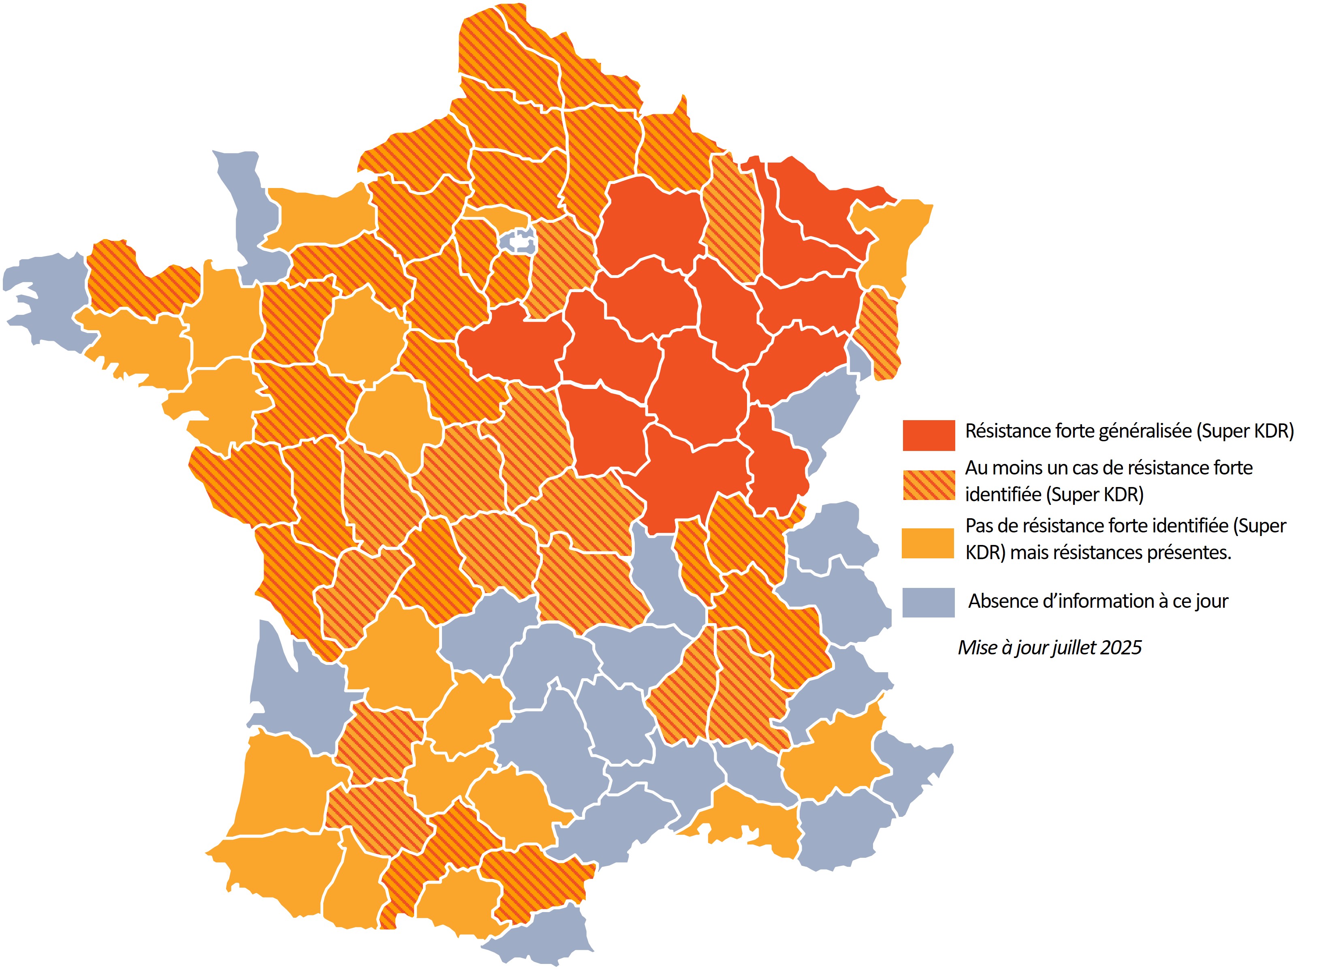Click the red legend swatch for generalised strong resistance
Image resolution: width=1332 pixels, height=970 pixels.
click(x=928, y=435)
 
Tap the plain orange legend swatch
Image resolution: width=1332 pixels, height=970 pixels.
click(x=928, y=543)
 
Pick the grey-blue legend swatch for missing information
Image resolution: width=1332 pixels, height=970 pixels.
click(x=928, y=602)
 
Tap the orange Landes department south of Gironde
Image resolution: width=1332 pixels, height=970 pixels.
click(x=282, y=782)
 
